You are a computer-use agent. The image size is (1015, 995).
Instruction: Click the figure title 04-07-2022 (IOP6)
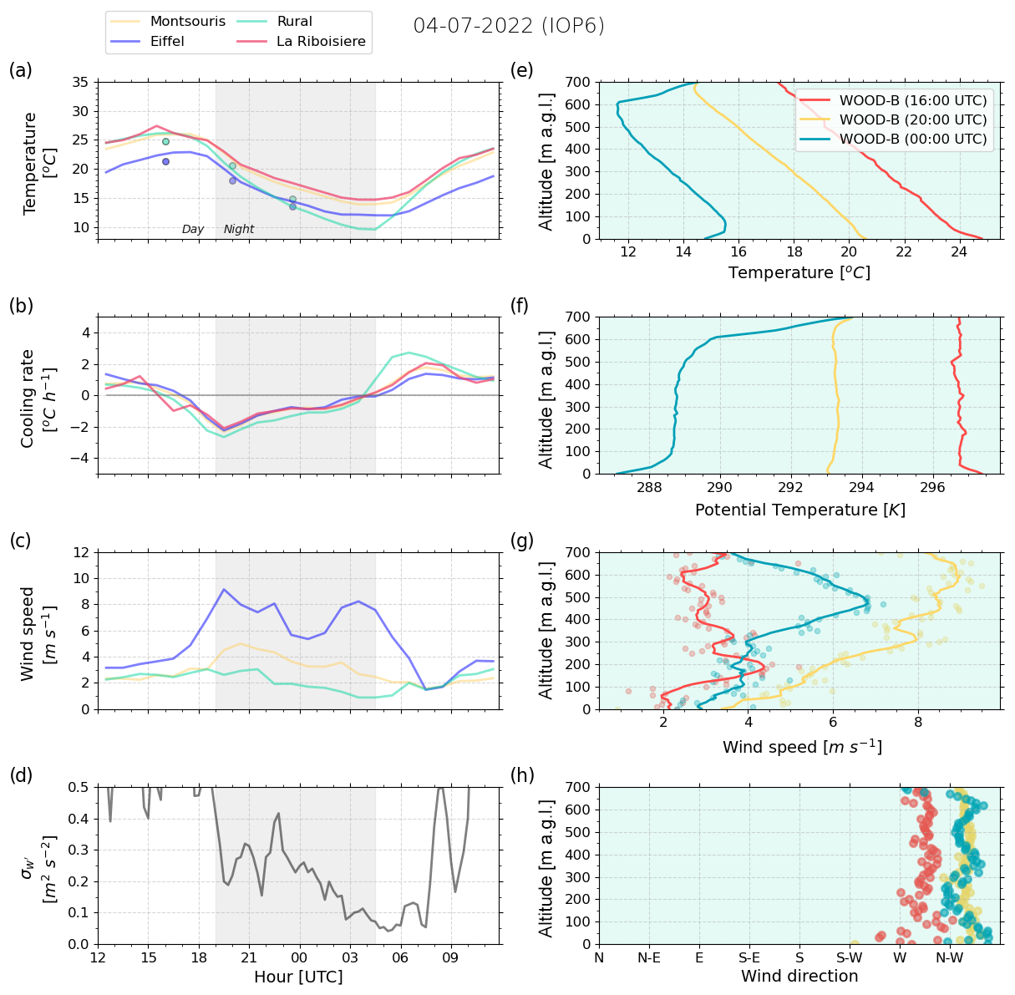[509, 26]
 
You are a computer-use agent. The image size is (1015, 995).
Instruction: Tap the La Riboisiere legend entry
[321, 42]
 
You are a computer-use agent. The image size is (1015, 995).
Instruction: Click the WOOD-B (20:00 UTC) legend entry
[913, 119]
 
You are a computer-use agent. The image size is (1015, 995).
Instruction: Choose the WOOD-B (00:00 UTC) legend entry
[913, 139]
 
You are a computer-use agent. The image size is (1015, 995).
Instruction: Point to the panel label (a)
[21, 70]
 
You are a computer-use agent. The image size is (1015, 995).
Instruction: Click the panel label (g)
[522, 541]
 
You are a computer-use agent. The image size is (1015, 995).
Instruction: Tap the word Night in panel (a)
[239, 230]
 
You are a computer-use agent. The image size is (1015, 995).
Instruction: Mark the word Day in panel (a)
[193, 230]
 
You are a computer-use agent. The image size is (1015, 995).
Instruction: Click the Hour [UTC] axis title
[298, 977]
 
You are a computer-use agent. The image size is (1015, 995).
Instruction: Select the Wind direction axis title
[799, 976]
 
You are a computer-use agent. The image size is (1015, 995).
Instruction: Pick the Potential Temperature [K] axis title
[799, 510]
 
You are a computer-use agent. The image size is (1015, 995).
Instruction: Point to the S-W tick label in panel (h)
[850, 957]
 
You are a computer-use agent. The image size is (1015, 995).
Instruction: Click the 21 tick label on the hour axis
[249, 957]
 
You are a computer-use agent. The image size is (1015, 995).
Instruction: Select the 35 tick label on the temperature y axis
[80, 83]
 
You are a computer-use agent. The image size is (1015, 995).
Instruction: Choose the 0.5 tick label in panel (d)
[79, 788]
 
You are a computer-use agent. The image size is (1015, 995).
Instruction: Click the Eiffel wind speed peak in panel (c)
[224, 590]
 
